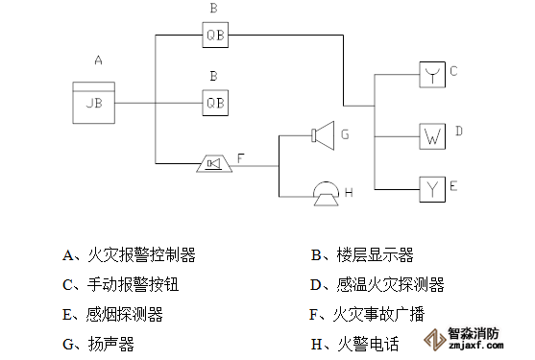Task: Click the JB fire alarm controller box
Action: pyautogui.click(x=94, y=103)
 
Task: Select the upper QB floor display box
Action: pyautogui.click(x=215, y=35)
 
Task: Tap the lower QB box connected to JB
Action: pyautogui.click(x=215, y=103)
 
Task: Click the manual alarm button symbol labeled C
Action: pyautogui.click(x=432, y=75)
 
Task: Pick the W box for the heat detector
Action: pyautogui.click(x=432, y=136)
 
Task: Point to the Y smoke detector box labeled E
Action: pyautogui.click(x=432, y=189)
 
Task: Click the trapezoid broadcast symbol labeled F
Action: pyautogui.click(x=214, y=163)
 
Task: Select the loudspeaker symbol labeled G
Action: pyautogui.click(x=323, y=135)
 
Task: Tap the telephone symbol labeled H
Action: pyautogui.click(x=327, y=194)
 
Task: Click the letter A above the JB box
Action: pyautogui.click(x=98, y=60)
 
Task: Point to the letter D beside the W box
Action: pyautogui.click(x=459, y=131)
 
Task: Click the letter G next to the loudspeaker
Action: pyautogui.click(x=345, y=134)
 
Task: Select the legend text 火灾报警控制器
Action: pyautogui.click(x=141, y=255)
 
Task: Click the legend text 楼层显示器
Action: pyautogui.click(x=375, y=255)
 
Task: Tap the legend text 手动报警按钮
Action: pyautogui.click(x=134, y=285)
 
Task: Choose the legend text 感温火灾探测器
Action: pyautogui.click(x=390, y=285)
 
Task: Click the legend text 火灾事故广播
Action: pyautogui.click(x=378, y=314)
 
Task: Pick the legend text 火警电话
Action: pyautogui.click(x=368, y=344)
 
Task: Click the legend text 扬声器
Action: pyautogui.click(x=111, y=344)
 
